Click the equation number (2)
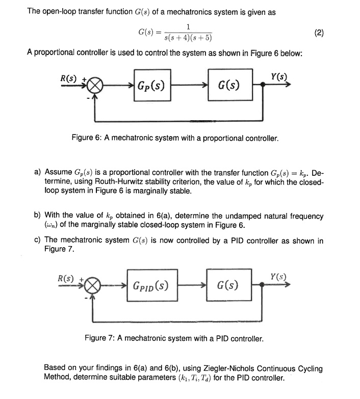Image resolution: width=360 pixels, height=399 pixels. tap(319, 33)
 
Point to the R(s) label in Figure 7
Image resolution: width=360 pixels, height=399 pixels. tap(66, 279)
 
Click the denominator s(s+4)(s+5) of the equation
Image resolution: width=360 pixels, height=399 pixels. tap(189, 38)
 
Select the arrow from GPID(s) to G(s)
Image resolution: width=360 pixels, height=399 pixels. tap(191, 285)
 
